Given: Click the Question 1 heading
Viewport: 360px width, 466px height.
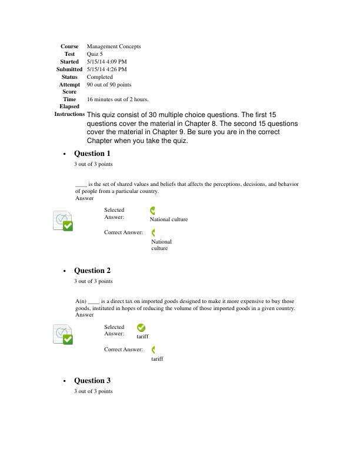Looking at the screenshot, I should [92, 154].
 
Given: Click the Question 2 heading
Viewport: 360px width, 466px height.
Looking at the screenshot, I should [92, 271].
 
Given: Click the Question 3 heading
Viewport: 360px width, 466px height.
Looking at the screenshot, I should [92, 381].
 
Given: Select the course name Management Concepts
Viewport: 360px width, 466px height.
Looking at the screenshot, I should [114, 46].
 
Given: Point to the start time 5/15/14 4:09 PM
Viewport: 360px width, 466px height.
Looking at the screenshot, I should [106, 62].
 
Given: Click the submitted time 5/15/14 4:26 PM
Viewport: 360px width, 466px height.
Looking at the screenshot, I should [106, 69].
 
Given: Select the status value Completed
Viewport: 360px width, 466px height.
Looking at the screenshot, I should [100, 77].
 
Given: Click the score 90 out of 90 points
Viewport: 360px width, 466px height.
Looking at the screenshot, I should [109, 85].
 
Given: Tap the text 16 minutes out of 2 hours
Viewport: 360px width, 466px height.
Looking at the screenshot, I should [118, 99].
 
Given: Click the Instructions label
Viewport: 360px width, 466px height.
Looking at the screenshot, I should [69, 114].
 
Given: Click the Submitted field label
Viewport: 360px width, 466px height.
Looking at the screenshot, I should [69, 69].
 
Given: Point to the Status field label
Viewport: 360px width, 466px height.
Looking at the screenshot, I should [69, 77].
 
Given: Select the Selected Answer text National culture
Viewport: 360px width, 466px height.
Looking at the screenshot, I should [169, 219].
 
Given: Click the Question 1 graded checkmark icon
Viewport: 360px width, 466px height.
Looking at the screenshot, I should [64, 221].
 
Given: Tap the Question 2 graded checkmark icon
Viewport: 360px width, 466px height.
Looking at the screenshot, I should [64, 334].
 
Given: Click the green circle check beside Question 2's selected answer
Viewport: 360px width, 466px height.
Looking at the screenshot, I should [141, 328].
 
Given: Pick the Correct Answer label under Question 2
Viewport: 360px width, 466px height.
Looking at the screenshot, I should [123, 349].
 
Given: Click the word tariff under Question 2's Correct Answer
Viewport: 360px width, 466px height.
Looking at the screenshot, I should [157, 358].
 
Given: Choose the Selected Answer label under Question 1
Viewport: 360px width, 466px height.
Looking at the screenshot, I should [114, 214].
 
